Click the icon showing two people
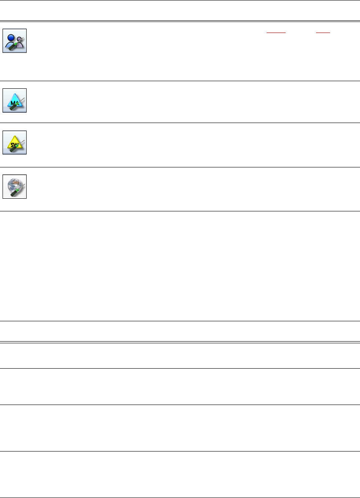pyautogui.click(x=14, y=41)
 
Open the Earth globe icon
pyautogui.click(x=14, y=186)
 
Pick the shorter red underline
pyautogui.click(x=323, y=32)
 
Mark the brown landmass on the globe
pyautogui.click(x=12, y=183)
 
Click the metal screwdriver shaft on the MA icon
pyautogui.click(x=21, y=99)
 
